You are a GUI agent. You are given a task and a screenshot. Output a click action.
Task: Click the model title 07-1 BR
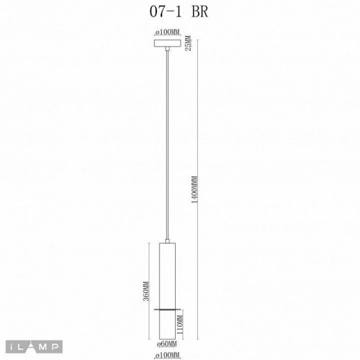(180, 11)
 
